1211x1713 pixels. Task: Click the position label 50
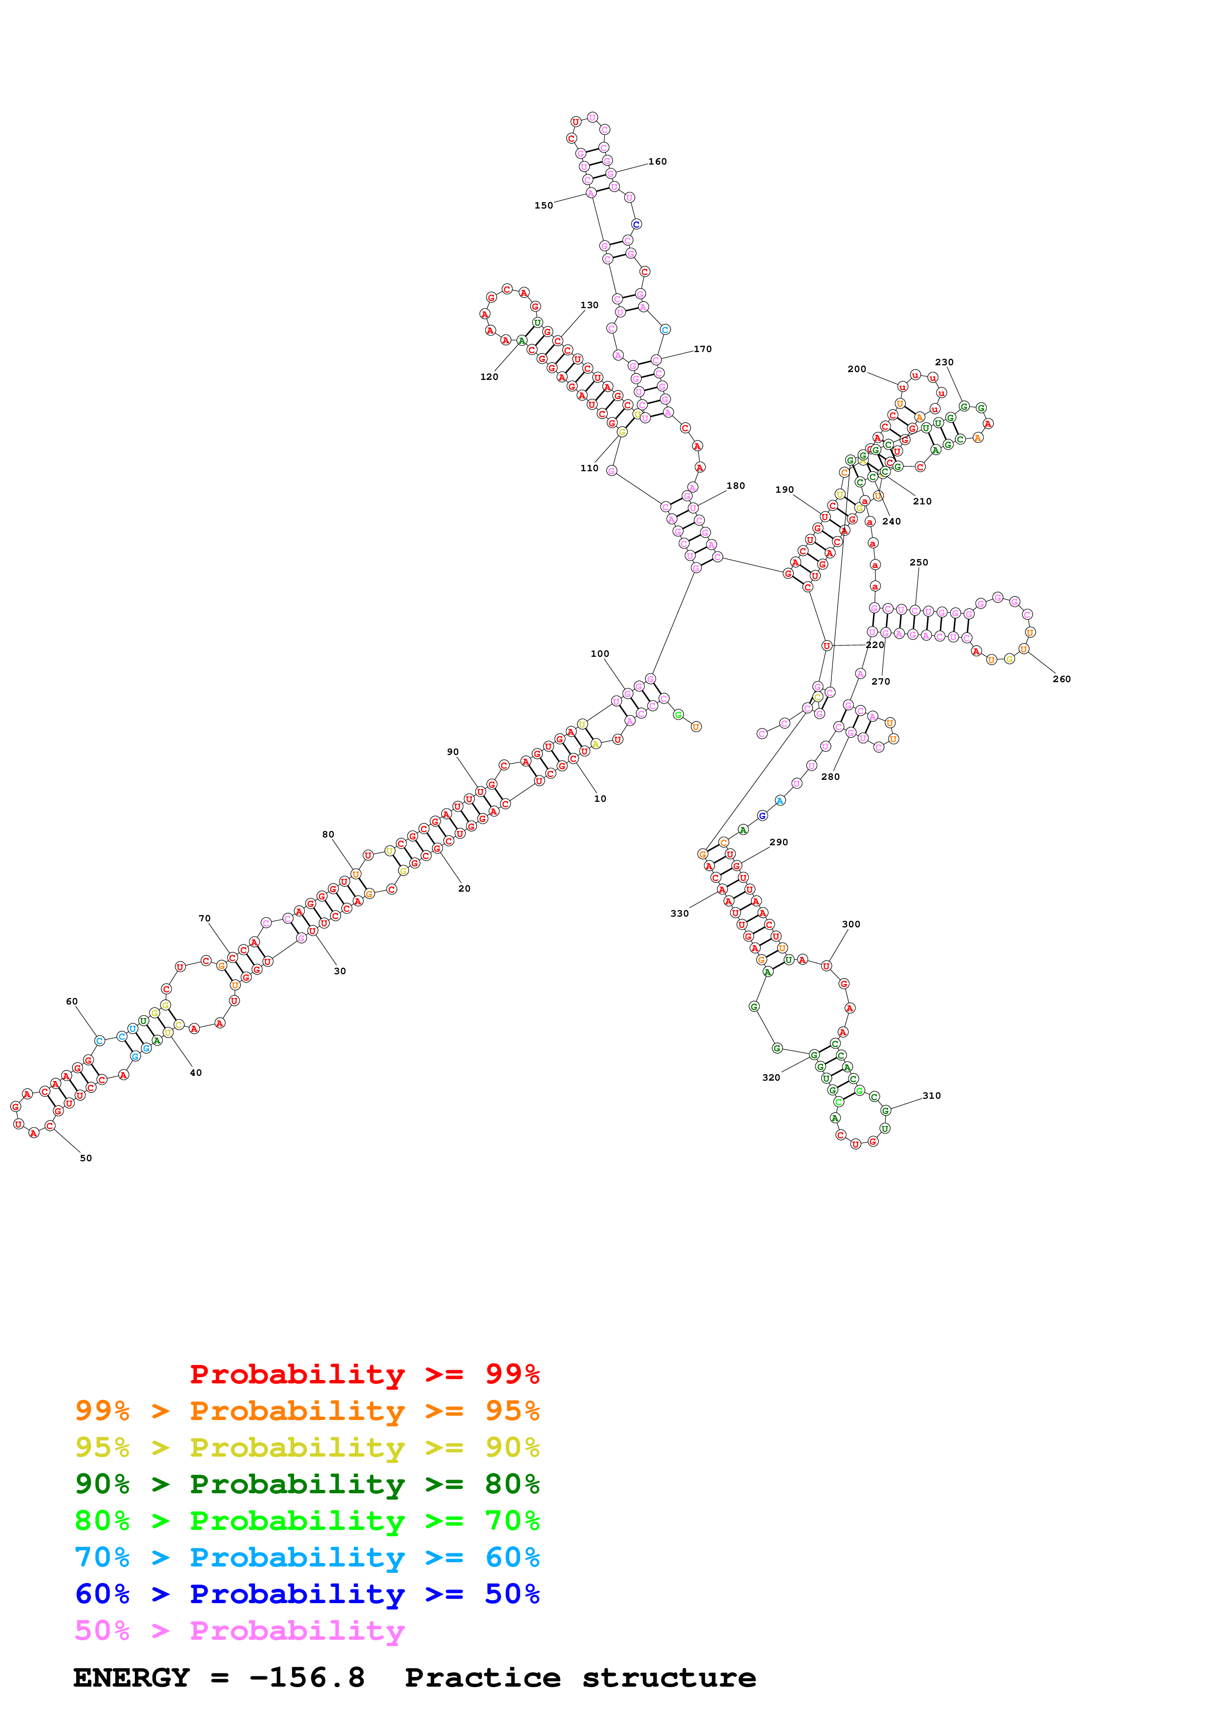tap(86, 1158)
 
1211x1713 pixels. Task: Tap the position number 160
tap(658, 161)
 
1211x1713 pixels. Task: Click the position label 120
tap(489, 377)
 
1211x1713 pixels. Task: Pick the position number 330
tap(679, 913)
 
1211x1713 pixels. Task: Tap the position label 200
tap(856, 369)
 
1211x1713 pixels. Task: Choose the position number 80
tap(328, 834)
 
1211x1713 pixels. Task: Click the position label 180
tap(736, 486)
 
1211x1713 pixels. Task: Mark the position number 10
tap(600, 798)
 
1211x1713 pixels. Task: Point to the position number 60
tap(72, 1001)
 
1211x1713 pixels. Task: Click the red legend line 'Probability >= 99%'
tap(364, 1374)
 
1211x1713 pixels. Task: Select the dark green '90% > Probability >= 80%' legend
tap(307, 1484)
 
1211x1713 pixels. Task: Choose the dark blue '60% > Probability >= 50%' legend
tap(307, 1594)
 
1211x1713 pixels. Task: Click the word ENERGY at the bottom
tap(131, 1677)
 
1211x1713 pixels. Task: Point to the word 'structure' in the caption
tap(669, 1677)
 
